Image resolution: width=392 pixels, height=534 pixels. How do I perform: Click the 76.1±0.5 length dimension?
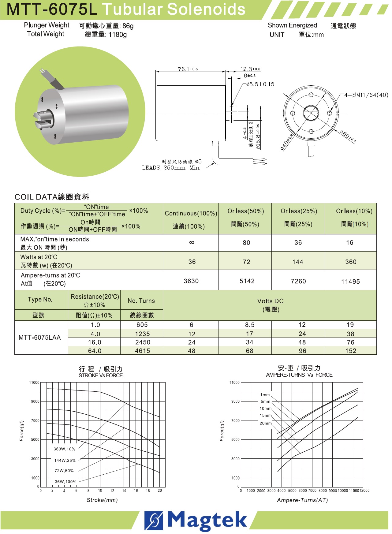click(188, 69)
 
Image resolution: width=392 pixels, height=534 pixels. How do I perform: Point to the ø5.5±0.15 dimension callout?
click(260, 84)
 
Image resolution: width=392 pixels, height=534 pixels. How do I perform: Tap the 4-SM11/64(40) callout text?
click(366, 95)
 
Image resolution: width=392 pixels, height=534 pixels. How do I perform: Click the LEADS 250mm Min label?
click(170, 168)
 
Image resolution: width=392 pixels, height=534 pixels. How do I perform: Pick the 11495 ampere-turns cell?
click(350, 282)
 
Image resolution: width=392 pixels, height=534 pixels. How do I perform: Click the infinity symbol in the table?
click(192, 242)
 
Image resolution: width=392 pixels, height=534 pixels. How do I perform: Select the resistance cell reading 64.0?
click(95, 351)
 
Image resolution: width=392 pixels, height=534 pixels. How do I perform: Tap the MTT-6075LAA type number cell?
click(40, 338)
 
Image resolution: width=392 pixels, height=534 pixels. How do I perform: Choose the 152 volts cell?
click(351, 351)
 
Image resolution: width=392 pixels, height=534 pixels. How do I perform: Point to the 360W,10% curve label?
click(64, 449)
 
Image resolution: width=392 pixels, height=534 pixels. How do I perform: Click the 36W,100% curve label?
click(65, 482)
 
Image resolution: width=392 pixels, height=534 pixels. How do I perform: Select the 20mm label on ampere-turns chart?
click(266, 423)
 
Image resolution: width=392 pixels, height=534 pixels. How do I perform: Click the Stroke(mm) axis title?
click(102, 500)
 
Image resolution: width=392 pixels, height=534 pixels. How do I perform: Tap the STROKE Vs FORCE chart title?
click(101, 375)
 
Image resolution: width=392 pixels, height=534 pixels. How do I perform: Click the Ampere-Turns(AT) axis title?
click(302, 500)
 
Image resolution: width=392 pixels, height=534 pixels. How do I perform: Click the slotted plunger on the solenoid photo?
click(41, 119)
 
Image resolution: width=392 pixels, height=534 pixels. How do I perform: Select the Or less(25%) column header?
click(299, 211)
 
